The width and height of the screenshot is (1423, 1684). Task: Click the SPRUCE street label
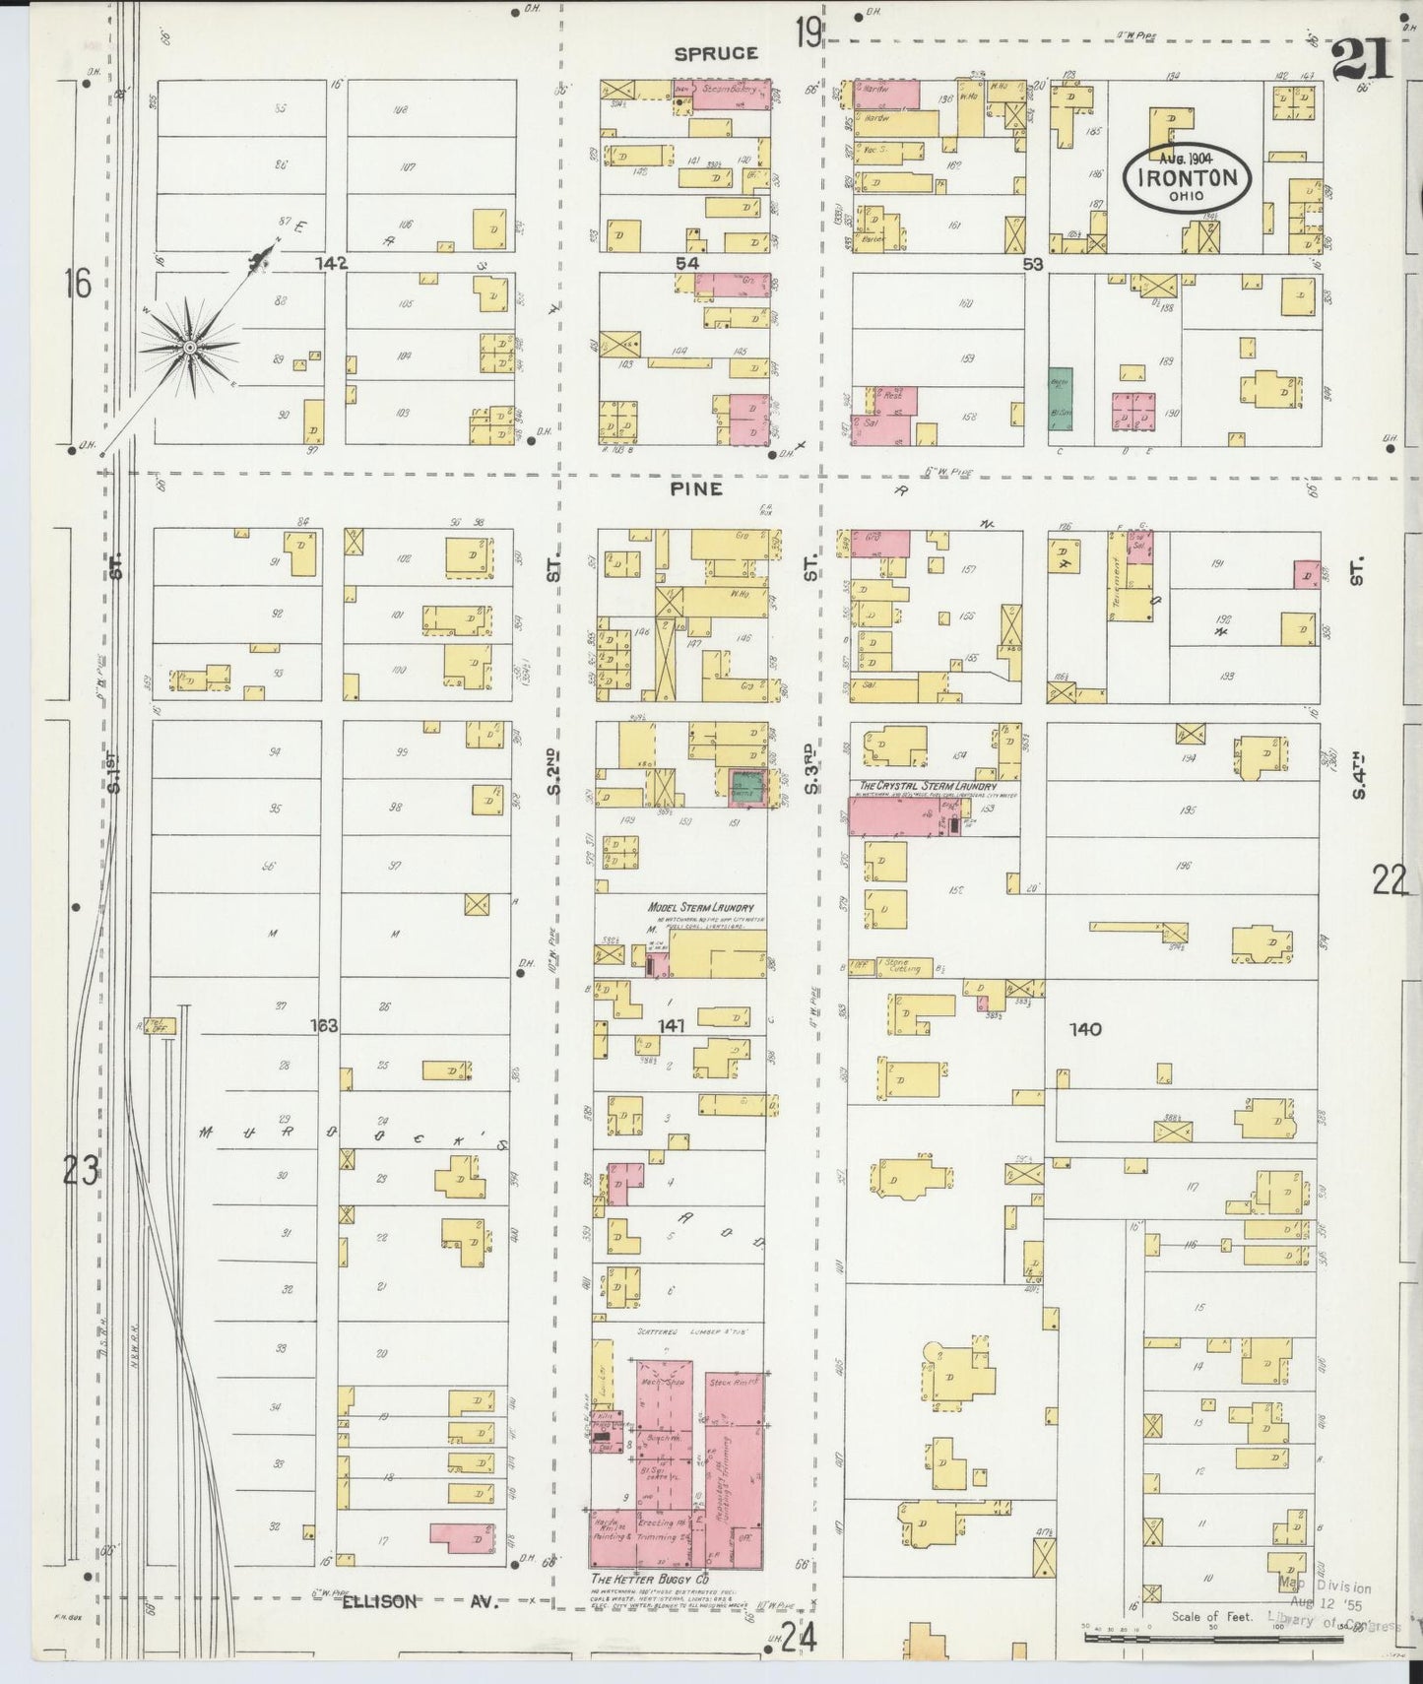[x=716, y=54]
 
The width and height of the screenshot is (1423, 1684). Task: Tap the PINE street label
[x=697, y=488]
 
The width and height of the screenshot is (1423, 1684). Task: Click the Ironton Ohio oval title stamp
[x=1187, y=177]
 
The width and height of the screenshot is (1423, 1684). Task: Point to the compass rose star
[x=188, y=347]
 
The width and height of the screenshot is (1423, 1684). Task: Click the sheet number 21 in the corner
[x=1362, y=61]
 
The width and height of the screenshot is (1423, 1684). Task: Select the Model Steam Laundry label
[x=700, y=908]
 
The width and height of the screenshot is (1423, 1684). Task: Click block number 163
[x=324, y=1025]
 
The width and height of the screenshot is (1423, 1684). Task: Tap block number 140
[x=1085, y=1029]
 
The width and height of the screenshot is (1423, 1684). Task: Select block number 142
[x=332, y=264]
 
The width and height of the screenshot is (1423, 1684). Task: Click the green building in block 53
[x=1061, y=399]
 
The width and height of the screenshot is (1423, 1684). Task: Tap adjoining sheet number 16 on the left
[x=77, y=285]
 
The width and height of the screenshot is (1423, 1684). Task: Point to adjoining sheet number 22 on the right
[x=1390, y=879]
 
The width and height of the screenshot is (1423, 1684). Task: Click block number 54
[x=686, y=263]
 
